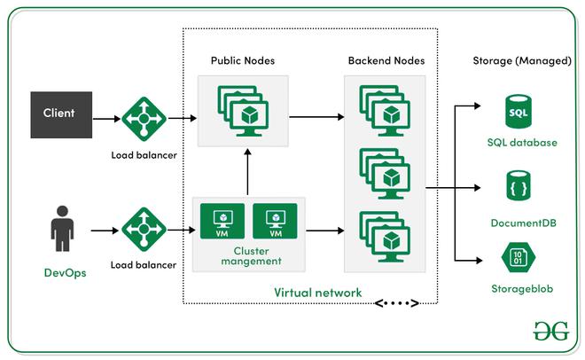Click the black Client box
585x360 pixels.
coord(59,113)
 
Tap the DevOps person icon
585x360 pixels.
coord(60,230)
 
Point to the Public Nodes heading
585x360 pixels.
coord(242,61)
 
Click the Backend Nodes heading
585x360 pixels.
coord(386,61)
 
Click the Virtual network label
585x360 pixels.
coord(317,292)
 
